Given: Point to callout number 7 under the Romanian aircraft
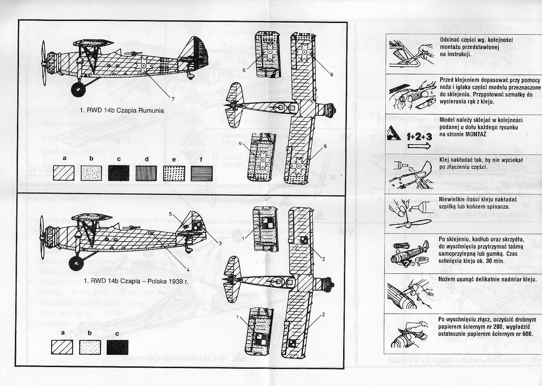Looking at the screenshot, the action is pyautogui.click(x=173, y=99).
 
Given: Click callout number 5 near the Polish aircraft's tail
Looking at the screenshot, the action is pyautogui.click(x=171, y=214).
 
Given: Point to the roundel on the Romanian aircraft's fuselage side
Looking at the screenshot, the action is pyautogui.click(x=144, y=65).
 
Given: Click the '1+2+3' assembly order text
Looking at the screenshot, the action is pyautogui.click(x=419, y=137).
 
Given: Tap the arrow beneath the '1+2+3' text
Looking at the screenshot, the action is pyautogui.click(x=419, y=146).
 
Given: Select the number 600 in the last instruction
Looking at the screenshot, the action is pyautogui.click(x=527, y=333).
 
